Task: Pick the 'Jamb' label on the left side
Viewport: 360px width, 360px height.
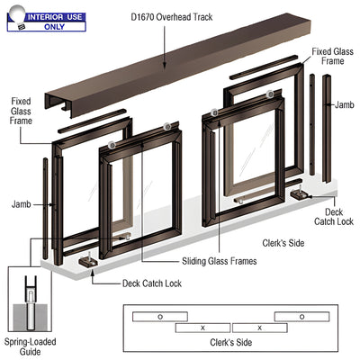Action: pyautogui.click(x=22, y=204)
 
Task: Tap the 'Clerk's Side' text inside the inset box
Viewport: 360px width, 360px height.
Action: pyautogui.click(x=239, y=343)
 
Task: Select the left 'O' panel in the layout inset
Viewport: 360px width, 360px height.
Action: pyautogui.click(x=160, y=317)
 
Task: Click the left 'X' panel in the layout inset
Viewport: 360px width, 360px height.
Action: pyautogui.click(x=203, y=328)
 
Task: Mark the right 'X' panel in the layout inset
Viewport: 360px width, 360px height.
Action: pyautogui.click(x=259, y=328)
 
